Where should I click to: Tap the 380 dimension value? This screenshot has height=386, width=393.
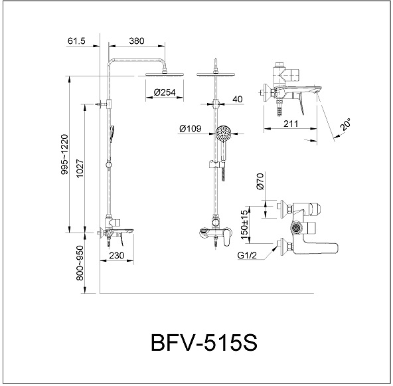point(136,41)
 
